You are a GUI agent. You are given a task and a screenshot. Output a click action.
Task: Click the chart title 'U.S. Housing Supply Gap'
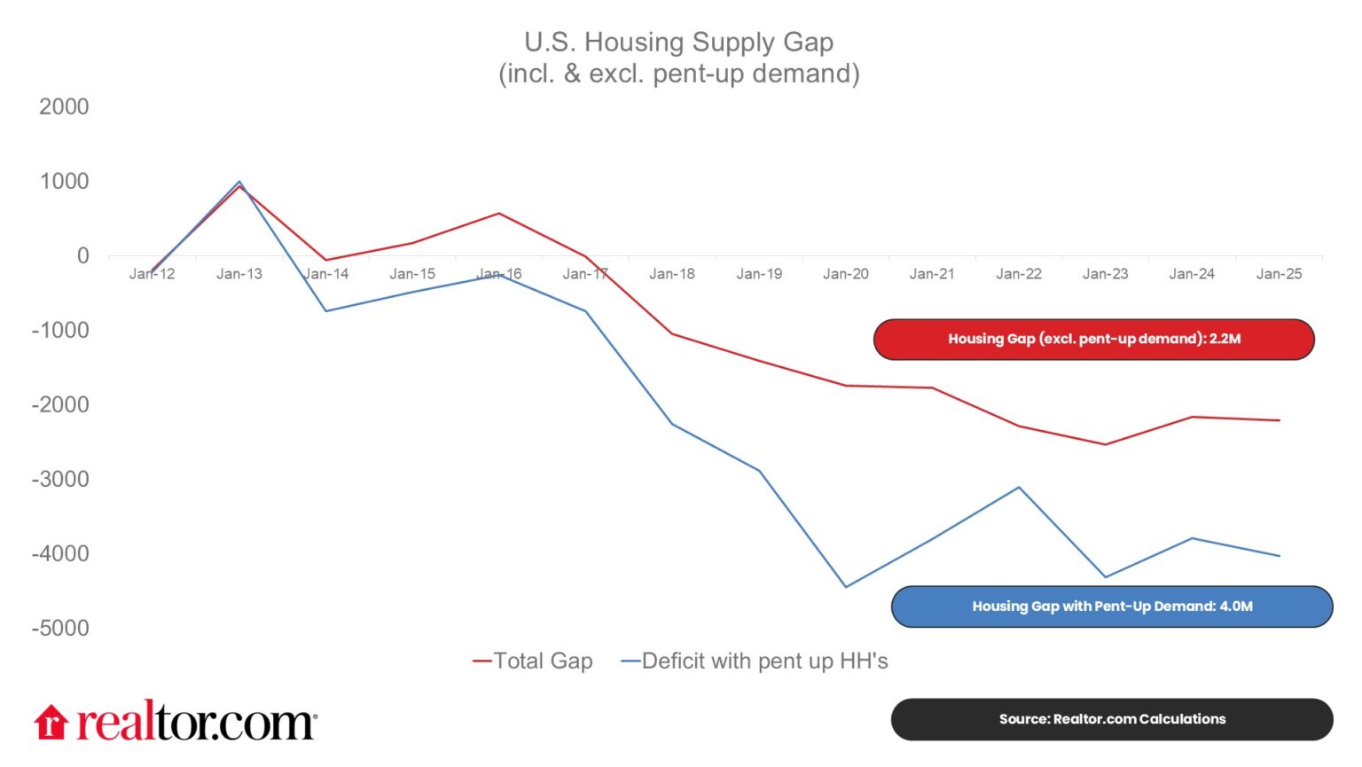coord(678,42)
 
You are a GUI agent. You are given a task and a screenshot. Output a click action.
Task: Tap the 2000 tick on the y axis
coord(64,106)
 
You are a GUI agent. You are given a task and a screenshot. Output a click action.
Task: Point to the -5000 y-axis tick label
coord(60,628)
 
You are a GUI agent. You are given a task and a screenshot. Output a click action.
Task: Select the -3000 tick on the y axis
coord(60,479)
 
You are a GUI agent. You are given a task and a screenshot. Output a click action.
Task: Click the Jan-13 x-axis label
coord(239,274)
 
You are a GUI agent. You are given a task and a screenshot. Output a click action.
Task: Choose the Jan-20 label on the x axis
coord(845,274)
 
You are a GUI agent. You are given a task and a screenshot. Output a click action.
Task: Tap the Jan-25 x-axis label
coord(1279,274)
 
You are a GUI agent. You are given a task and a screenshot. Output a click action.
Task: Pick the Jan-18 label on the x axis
coord(671,274)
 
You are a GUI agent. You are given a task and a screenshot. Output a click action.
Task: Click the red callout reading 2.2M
coord(1093,339)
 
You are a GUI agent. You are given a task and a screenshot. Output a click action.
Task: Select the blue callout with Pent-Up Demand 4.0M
coord(1112,607)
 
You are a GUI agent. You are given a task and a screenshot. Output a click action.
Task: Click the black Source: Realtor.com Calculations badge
coord(1112,719)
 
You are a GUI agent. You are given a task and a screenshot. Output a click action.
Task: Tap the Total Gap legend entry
coord(533,661)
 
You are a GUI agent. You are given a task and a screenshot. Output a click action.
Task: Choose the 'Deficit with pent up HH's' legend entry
coord(755,661)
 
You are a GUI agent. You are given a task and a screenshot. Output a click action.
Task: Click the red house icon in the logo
coord(51,722)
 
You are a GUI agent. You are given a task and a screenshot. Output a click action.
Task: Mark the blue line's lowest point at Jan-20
coord(846,587)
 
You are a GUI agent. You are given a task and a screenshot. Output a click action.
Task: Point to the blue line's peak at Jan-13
coord(239,182)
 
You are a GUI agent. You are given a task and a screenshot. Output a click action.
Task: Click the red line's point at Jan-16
coord(499,214)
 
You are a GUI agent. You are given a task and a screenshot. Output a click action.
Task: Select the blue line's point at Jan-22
coord(1019,488)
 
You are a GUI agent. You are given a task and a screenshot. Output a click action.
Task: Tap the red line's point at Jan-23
coord(1106,444)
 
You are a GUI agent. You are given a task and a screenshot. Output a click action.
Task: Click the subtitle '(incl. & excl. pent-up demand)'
coord(678,73)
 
